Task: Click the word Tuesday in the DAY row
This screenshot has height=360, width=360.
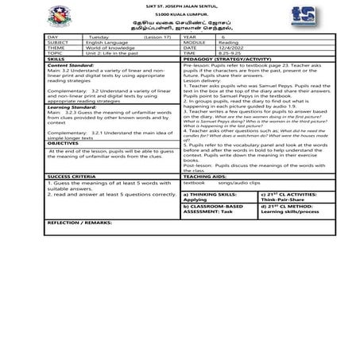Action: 99,37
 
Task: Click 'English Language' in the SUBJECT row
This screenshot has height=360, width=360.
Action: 109,43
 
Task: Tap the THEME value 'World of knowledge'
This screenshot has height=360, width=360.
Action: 111,48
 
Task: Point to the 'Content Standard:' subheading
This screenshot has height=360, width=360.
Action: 72,64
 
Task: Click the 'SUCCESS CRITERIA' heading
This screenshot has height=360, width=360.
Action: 70,176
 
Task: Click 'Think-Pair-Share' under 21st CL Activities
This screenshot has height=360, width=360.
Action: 280,199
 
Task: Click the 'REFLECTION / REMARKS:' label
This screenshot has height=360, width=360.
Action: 79,223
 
